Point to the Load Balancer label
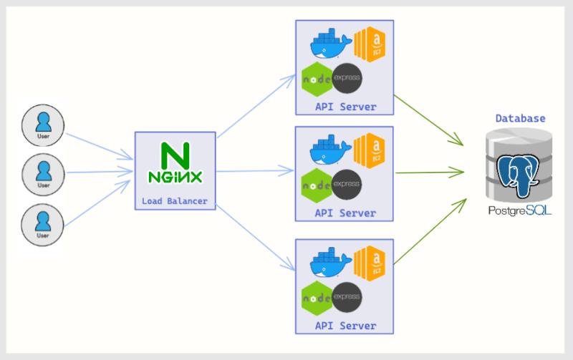click(x=175, y=201)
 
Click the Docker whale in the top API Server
click(x=330, y=44)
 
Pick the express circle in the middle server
click(x=347, y=183)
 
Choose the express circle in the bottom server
click(x=347, y=296)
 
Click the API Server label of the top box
click(x=345, y=107)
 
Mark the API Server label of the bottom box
click(x=345, y=326)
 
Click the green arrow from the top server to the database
click(x=430, y=122)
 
